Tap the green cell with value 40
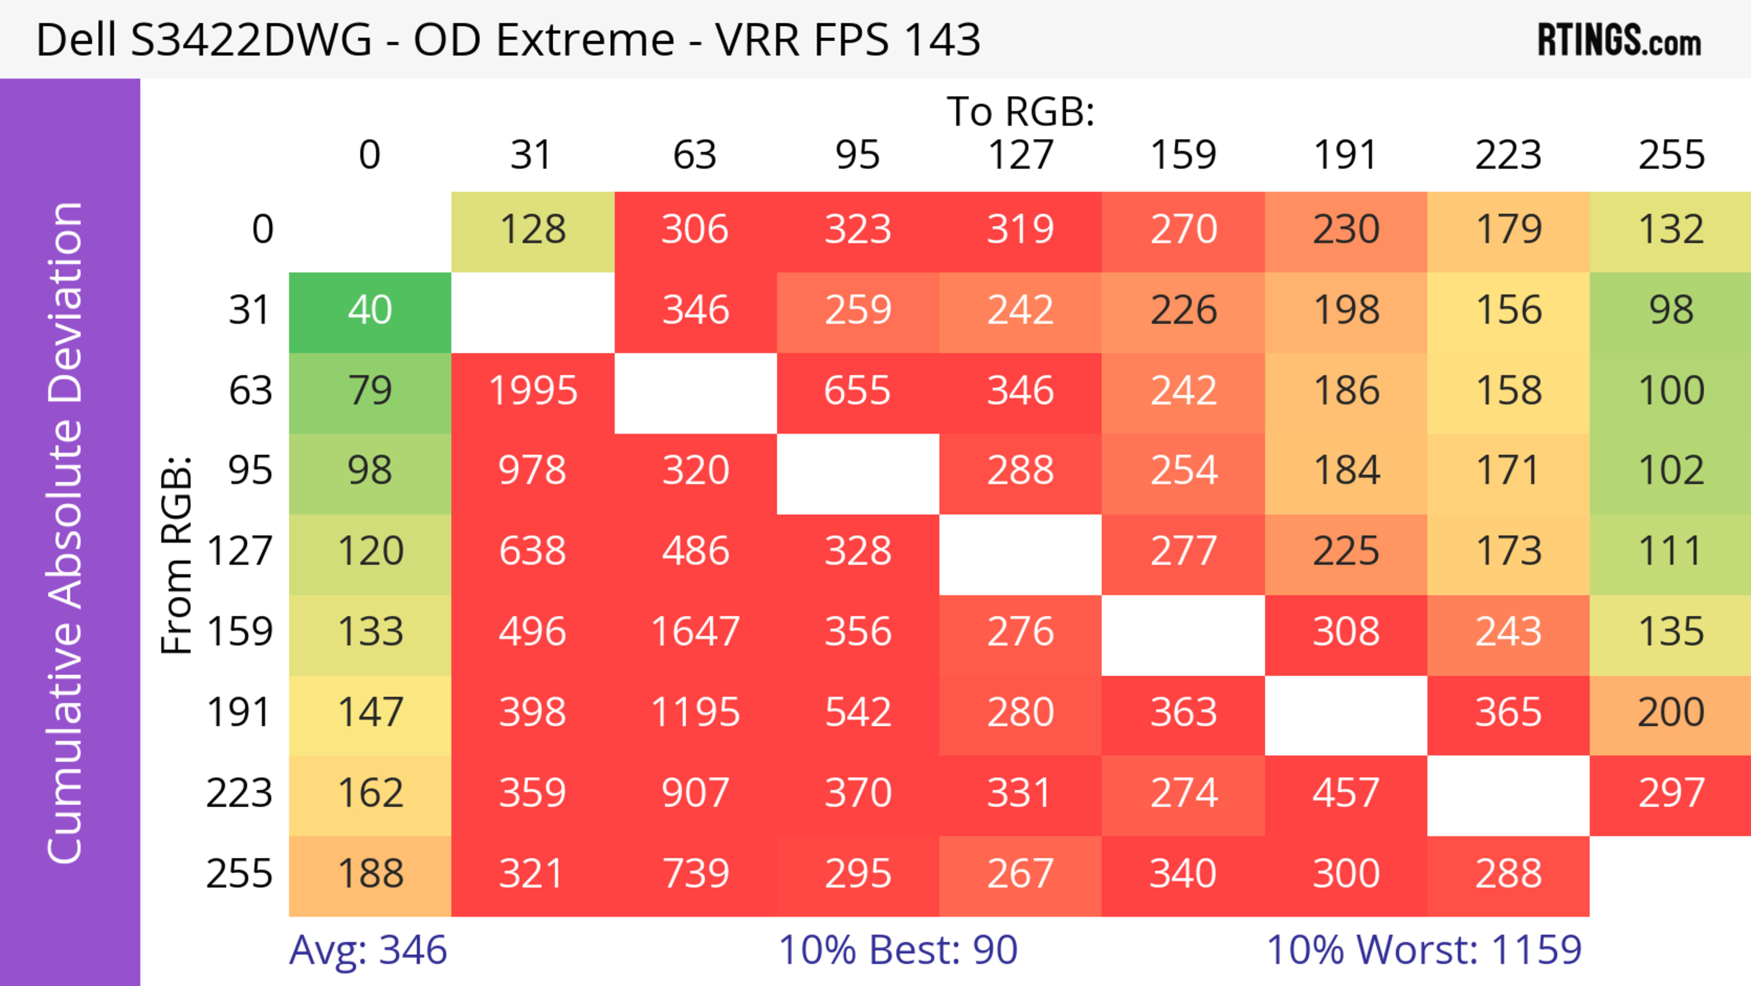[370, 311]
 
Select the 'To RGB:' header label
[1021, 111]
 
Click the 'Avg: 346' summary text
[368, 950]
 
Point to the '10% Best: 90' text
[898, 950]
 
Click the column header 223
[1508, 155]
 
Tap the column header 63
[694, 155]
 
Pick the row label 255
[239, 874]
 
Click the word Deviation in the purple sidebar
[66, 303]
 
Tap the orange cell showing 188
[370, 874]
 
